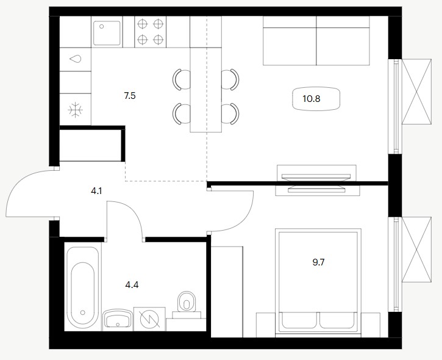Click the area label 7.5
click(130, 96)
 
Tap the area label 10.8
click(311, 99)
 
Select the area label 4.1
click(96, 191)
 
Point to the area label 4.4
click(132, 285)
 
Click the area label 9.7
click(318, 262)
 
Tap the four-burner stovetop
click(151, 32)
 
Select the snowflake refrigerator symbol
click(75, 109)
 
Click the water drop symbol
click(76, 59)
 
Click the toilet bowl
click(187, 301)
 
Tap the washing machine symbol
click(150, 319)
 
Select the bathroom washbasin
click(117, 320)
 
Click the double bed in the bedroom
click(318, 283)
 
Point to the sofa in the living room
click(316, 41)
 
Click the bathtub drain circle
click(82, 312)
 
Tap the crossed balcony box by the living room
click(416, 92)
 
